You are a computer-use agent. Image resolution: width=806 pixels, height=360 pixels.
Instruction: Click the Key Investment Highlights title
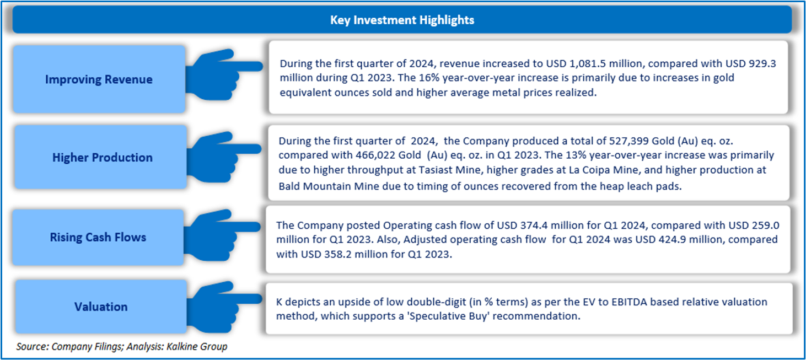[402, 20]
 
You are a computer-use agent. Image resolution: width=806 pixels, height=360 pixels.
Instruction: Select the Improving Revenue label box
[99, 79]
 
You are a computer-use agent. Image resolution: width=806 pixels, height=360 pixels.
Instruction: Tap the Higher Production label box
[102, 158]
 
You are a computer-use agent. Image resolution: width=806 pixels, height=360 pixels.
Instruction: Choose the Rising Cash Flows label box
[98, 238]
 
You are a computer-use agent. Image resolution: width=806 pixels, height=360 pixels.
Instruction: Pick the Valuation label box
[101, 307]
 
